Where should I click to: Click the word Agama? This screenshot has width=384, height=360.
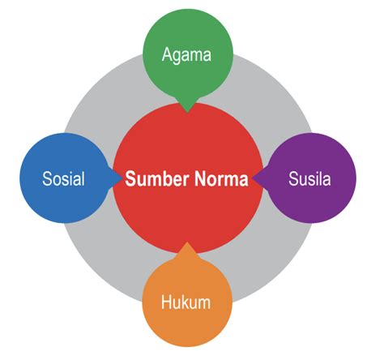(186, 55)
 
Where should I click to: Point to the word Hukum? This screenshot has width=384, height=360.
(186, 302)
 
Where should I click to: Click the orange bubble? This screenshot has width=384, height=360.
(186, 320)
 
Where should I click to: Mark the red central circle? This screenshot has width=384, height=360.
(188, 211)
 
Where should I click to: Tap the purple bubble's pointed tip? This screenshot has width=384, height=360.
(254, 178)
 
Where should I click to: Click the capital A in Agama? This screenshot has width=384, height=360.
(168, 55)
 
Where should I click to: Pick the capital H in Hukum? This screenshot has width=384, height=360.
(166, 302)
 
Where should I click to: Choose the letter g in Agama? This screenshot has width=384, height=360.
(178, 57)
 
